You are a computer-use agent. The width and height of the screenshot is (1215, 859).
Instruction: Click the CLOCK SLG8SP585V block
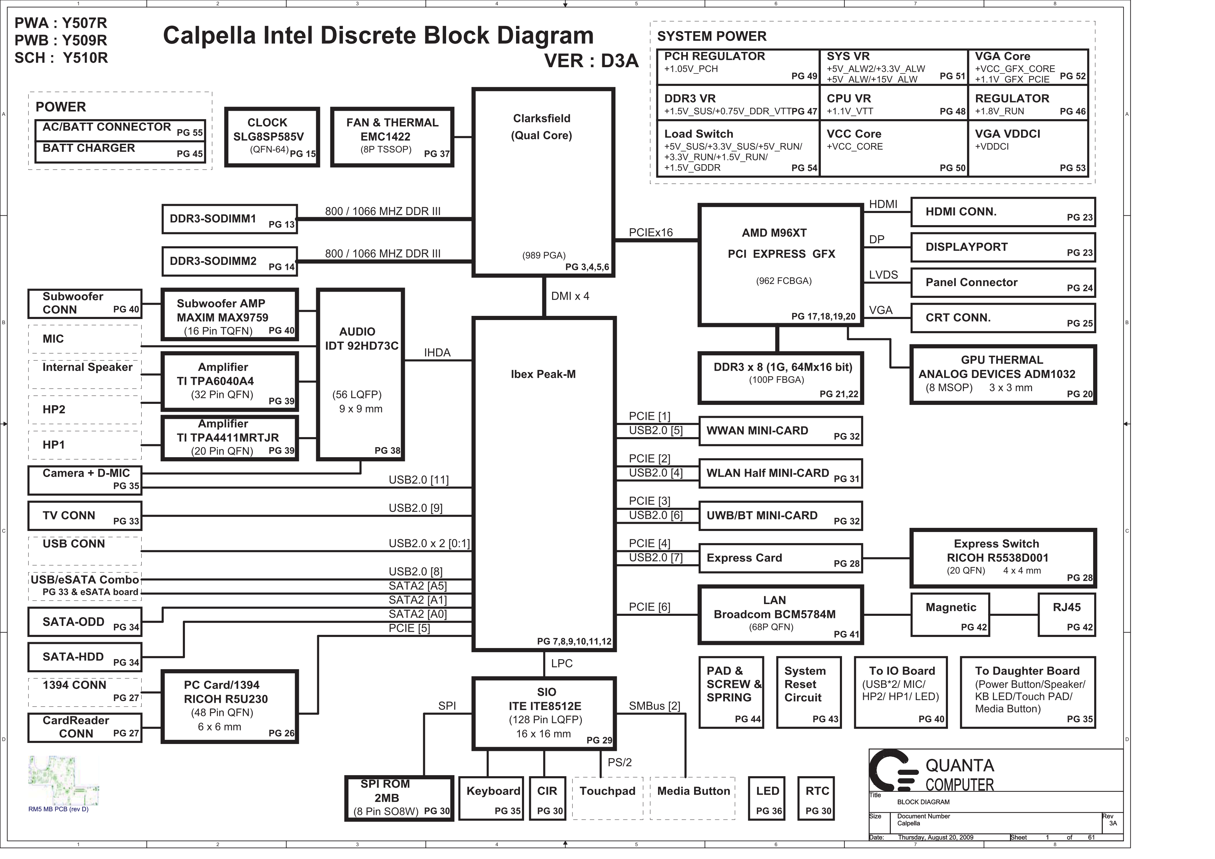coord(272,137)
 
